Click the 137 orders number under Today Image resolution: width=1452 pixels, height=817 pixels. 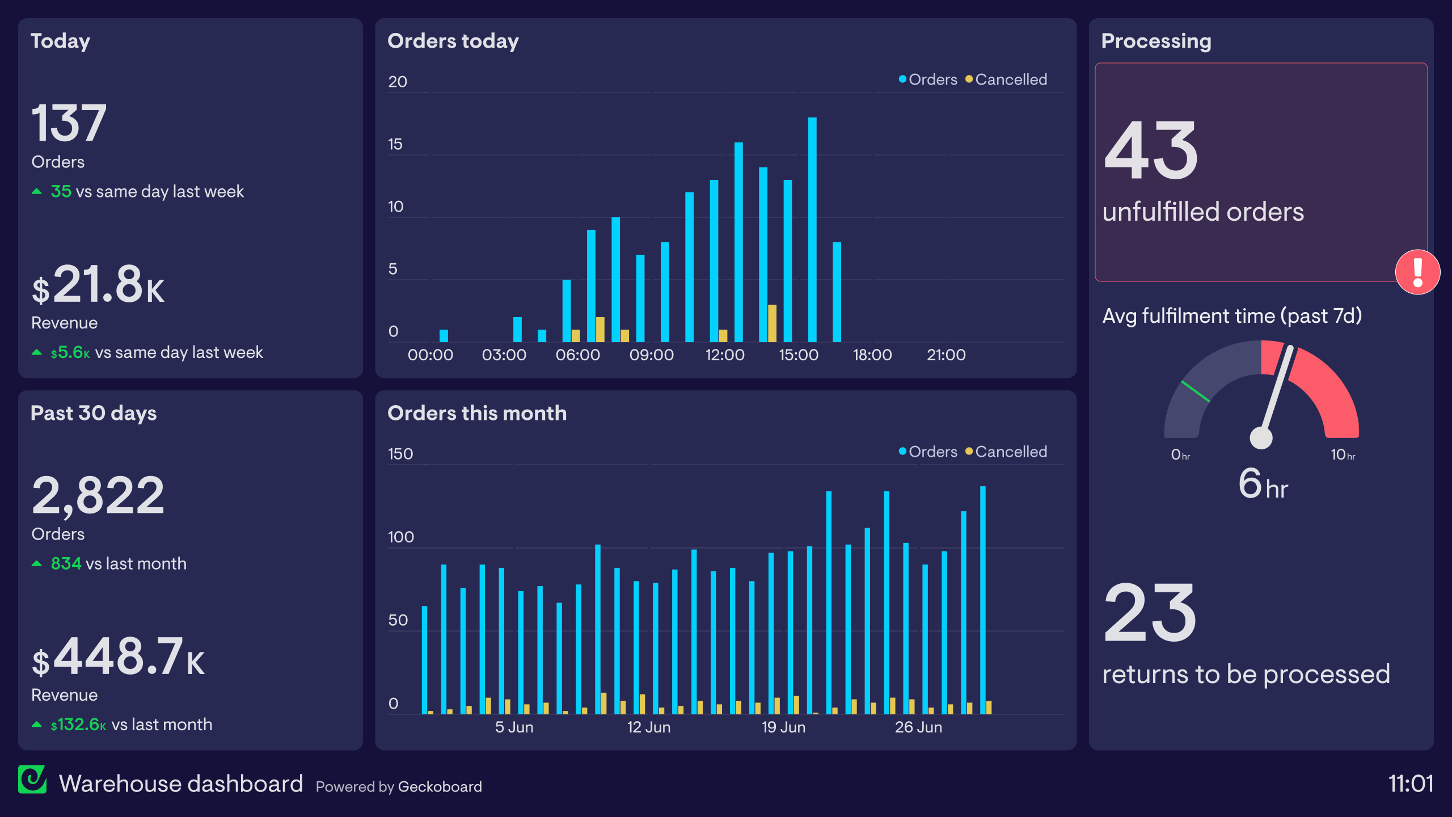[x=69, y=123]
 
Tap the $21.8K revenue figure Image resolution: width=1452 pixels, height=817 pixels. [x=98, y=285]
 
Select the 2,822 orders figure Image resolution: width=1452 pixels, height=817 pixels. [x=98, y=496]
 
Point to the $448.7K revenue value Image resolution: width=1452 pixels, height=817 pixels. [x=118, y=657]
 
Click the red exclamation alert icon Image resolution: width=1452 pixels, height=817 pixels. [x=1417, y=272]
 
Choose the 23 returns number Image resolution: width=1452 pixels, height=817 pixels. [x=1150, y=614]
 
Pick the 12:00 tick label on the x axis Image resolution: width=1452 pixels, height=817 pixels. [x=725, y=355]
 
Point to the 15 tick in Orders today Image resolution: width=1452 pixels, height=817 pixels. [x=395, y=145]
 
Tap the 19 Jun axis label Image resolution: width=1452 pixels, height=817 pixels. [x=783, y=727]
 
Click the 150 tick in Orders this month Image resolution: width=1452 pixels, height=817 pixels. [x=400, y=454]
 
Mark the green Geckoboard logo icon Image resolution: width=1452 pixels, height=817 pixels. [x=32, y=780]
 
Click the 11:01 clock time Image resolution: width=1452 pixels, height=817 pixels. [x=1411, y=784]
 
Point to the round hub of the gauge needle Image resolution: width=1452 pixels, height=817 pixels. [x=1261, y=437]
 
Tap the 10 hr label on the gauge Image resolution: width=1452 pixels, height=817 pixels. [x=1343, y=455]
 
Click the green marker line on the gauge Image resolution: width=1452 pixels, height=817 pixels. [x=1196, y=391]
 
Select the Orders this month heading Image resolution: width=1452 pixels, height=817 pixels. [x=477, y=414]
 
